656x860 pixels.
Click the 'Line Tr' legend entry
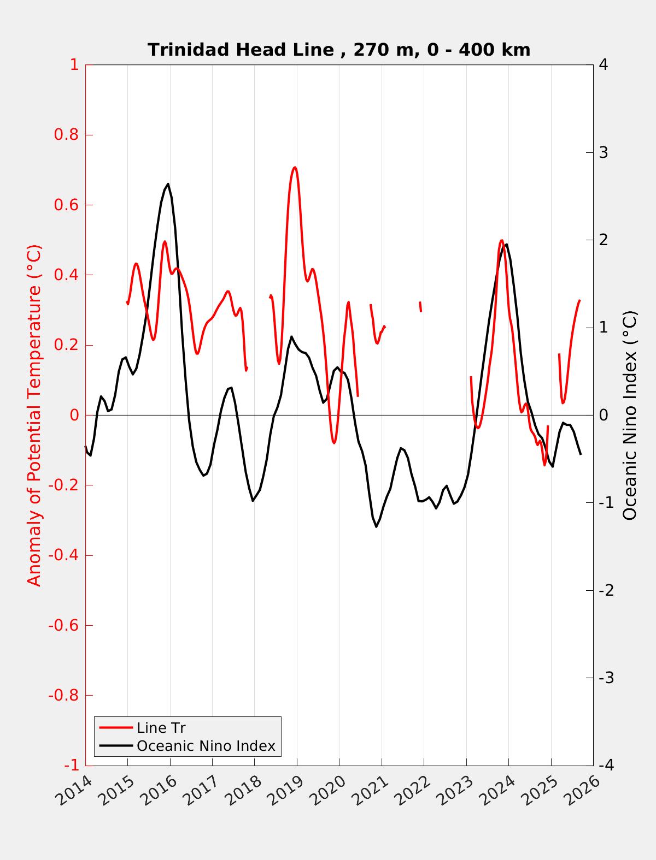click(x=161, y=728)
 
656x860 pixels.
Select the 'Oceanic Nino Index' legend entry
click(x=206, y=746)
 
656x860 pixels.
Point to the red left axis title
click(x=34, y=415)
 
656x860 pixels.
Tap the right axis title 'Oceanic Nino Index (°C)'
click(x=630, y=415)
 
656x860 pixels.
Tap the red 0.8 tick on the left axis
click(x=66, y=135)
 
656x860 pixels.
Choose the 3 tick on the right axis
click(x=603, y=152)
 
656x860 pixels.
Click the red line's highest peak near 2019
click(x=295, y=168)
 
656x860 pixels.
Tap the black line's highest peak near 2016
click(x=168, y=184)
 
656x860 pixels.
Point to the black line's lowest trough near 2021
click(x=376, y=526)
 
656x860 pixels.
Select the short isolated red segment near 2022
click(x=420, y=306)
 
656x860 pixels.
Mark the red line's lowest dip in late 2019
click(x=334, y=442)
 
